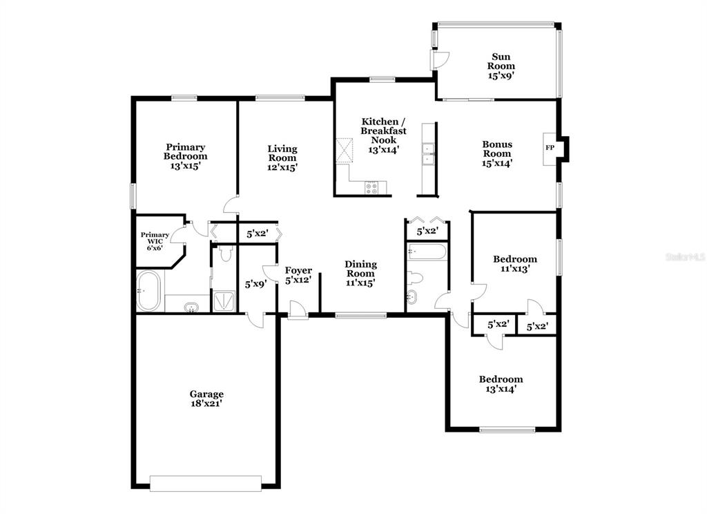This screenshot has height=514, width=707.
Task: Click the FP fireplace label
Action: pyautogui.click(x=550, y=148)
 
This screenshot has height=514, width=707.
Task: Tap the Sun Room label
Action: pyautogui.click(x=501, y=61)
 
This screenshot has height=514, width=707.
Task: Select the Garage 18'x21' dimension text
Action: pyautogui.click(x=206, y=403)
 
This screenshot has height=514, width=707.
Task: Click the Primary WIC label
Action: pyautogui.click(x=155, y=238)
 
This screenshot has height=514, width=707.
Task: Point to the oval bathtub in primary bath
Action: pyautogui.click(x=148, y=291)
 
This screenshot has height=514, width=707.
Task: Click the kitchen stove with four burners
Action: pyautogui.click(x=372, y=187)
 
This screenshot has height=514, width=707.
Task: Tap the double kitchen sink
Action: pyautogui.click(x=427, y=154)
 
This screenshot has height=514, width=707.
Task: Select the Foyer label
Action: pyautogui.click(x=298, y=270)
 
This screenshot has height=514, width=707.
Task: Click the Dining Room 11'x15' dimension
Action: pyautogui.click(x=360, y=283)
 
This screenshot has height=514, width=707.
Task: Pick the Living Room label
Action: pyautogui.click(x=282, y=153)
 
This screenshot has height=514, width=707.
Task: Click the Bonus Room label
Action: pyautogui.click(x=497, y=149)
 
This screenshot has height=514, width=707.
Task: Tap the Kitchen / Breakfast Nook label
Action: pyautogui.click(x=384, y=131)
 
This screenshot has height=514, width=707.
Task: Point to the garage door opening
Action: pyautogui.click(x=206, y=484)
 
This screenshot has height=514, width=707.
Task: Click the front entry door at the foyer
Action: pyautogui.click(x=298, y=312)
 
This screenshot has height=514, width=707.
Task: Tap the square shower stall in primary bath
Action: pyautogui.click(x=224, y=301)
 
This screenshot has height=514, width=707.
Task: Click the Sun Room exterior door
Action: pyautogui.click(x=440, y=60)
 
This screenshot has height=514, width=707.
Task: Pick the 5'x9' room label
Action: pyautogui.click(x=255, y=285)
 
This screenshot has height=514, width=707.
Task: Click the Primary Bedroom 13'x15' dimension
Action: pyautogui.click(x=185, y=166)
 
